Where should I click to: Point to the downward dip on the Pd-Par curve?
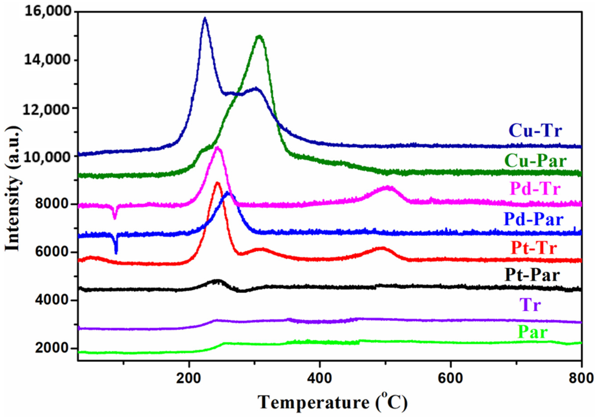click(116, 253)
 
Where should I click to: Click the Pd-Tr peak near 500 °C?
click(387, 187)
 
